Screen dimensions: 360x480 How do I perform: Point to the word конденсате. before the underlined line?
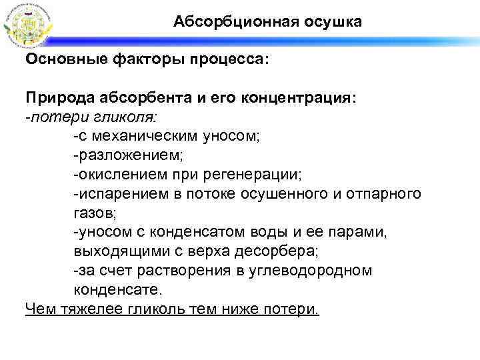(x=117, y=291)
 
